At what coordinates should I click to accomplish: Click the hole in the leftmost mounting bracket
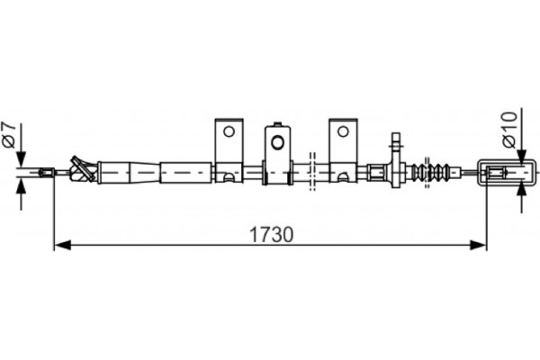coord(229,131)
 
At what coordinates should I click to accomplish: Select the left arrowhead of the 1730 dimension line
coord(60,244)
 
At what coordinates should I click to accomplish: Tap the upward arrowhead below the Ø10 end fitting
coord(522,184)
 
